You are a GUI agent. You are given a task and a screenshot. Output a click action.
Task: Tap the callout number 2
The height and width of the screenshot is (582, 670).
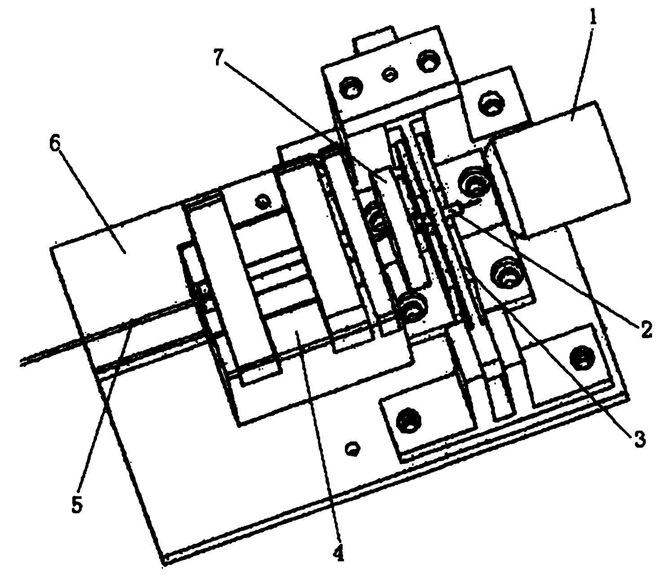(x=645, y=330)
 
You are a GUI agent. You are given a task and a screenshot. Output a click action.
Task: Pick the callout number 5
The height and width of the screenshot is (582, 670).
(x=77, y=505)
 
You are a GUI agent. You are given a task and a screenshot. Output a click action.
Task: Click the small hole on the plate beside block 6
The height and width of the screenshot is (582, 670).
(x=261, y=201)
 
